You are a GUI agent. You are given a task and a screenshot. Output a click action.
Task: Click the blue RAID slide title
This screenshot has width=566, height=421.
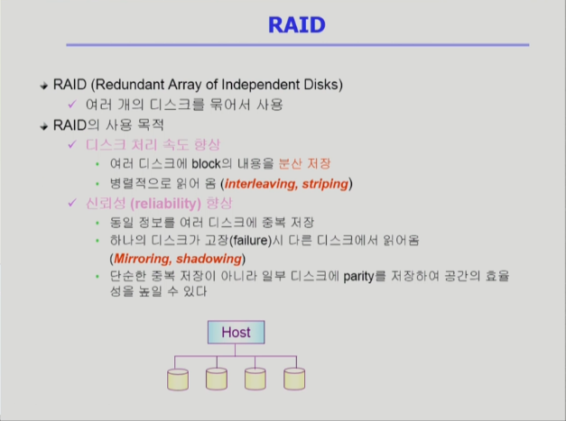click(x=297, y=25)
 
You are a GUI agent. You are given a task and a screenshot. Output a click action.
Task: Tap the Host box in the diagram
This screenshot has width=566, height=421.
click(x=237, y=332)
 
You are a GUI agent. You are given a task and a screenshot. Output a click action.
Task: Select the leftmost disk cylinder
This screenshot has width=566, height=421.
click(x=178, y=380)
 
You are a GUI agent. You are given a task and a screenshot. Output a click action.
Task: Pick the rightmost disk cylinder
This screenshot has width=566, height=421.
click(x=294, y=379)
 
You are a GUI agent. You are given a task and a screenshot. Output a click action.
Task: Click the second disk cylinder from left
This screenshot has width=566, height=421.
click(x=217, y=379)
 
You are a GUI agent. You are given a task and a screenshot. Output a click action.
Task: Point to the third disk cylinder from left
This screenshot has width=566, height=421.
click(x=255, y=379)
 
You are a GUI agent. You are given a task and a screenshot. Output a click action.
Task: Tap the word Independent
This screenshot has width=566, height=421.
click(x=260, y=85)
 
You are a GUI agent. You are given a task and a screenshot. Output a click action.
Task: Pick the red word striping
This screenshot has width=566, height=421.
click(x=325, y=184)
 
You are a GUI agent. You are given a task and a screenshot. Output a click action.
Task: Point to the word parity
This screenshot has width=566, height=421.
click(x=358, y=277)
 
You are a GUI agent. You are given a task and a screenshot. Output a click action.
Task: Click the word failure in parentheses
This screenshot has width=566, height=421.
click(x=251, y=240)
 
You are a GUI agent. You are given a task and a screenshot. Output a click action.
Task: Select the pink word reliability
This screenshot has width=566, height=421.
click(x=166, y=204)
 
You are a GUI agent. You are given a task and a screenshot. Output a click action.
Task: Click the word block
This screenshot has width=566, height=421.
click(x=206, y=164)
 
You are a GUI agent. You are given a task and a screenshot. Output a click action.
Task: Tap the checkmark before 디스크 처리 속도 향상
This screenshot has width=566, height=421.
click(x=72, y=144)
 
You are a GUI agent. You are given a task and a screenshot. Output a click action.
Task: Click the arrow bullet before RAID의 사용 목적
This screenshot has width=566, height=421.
click(x=44, y=126)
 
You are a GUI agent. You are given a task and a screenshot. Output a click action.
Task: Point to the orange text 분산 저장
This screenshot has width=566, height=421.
click(x=304, y=164)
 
